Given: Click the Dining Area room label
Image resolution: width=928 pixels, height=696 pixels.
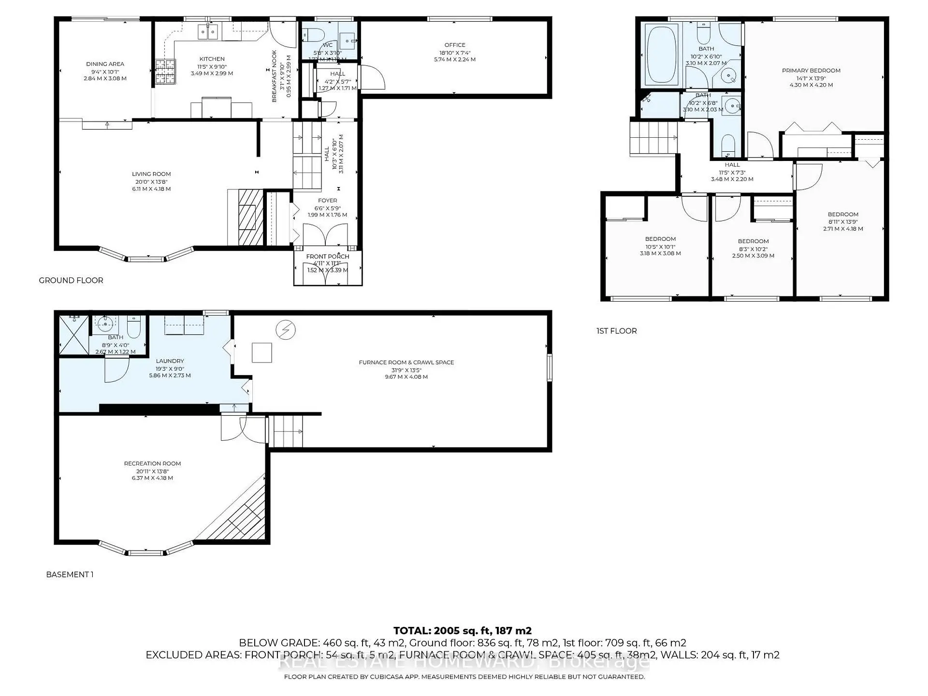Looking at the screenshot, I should pyautogui.click(x=105, y=64).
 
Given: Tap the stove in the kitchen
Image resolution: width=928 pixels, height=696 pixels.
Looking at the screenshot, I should pyautogui.click(x=165, y=72).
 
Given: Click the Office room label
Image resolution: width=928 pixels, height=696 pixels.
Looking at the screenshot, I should pyautogui.click(x=455, y=45).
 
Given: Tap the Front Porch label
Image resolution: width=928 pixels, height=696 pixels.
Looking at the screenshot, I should pyautogui.click(x=327, y=257).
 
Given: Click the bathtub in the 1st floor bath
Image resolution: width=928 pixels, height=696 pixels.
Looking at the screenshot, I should pyautogui.click(x=662, y=55).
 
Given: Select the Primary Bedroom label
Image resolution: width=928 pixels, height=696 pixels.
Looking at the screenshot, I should pyautogui.click(x=811, y=71).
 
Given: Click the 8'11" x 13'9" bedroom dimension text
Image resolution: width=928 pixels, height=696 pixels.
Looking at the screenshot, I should pyautogui.click(x=843, y=222).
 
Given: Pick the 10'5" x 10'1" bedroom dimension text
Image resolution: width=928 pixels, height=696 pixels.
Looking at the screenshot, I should pyautogui.click(x=660, y=246).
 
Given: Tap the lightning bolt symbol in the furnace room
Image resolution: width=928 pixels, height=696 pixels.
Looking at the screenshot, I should pyautogui.click(x=285, y=330).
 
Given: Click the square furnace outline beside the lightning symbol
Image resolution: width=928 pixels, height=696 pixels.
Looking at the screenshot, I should pyautogui.click(x=261, y=352).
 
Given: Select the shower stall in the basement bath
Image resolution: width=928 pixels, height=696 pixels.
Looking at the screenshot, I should pyautogui.click(x=73, y=335).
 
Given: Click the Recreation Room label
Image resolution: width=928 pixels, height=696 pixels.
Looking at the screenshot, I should pyautogui.click(x=152, y=464).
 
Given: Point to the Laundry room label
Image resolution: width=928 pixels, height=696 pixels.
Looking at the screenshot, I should pyautogui.click(x=170, y=361).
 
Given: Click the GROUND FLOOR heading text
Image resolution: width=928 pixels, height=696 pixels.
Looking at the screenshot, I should pyautogui.click(x=71, y=280).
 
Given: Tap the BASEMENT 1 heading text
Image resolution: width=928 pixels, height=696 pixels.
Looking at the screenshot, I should pyautogui.click(x=70, y=574).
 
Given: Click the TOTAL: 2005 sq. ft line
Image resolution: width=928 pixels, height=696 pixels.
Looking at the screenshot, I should pyautogui.click(x=462, y=630).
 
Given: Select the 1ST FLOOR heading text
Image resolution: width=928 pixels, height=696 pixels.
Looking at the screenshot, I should pyautogui.click(x=616, y=331).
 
